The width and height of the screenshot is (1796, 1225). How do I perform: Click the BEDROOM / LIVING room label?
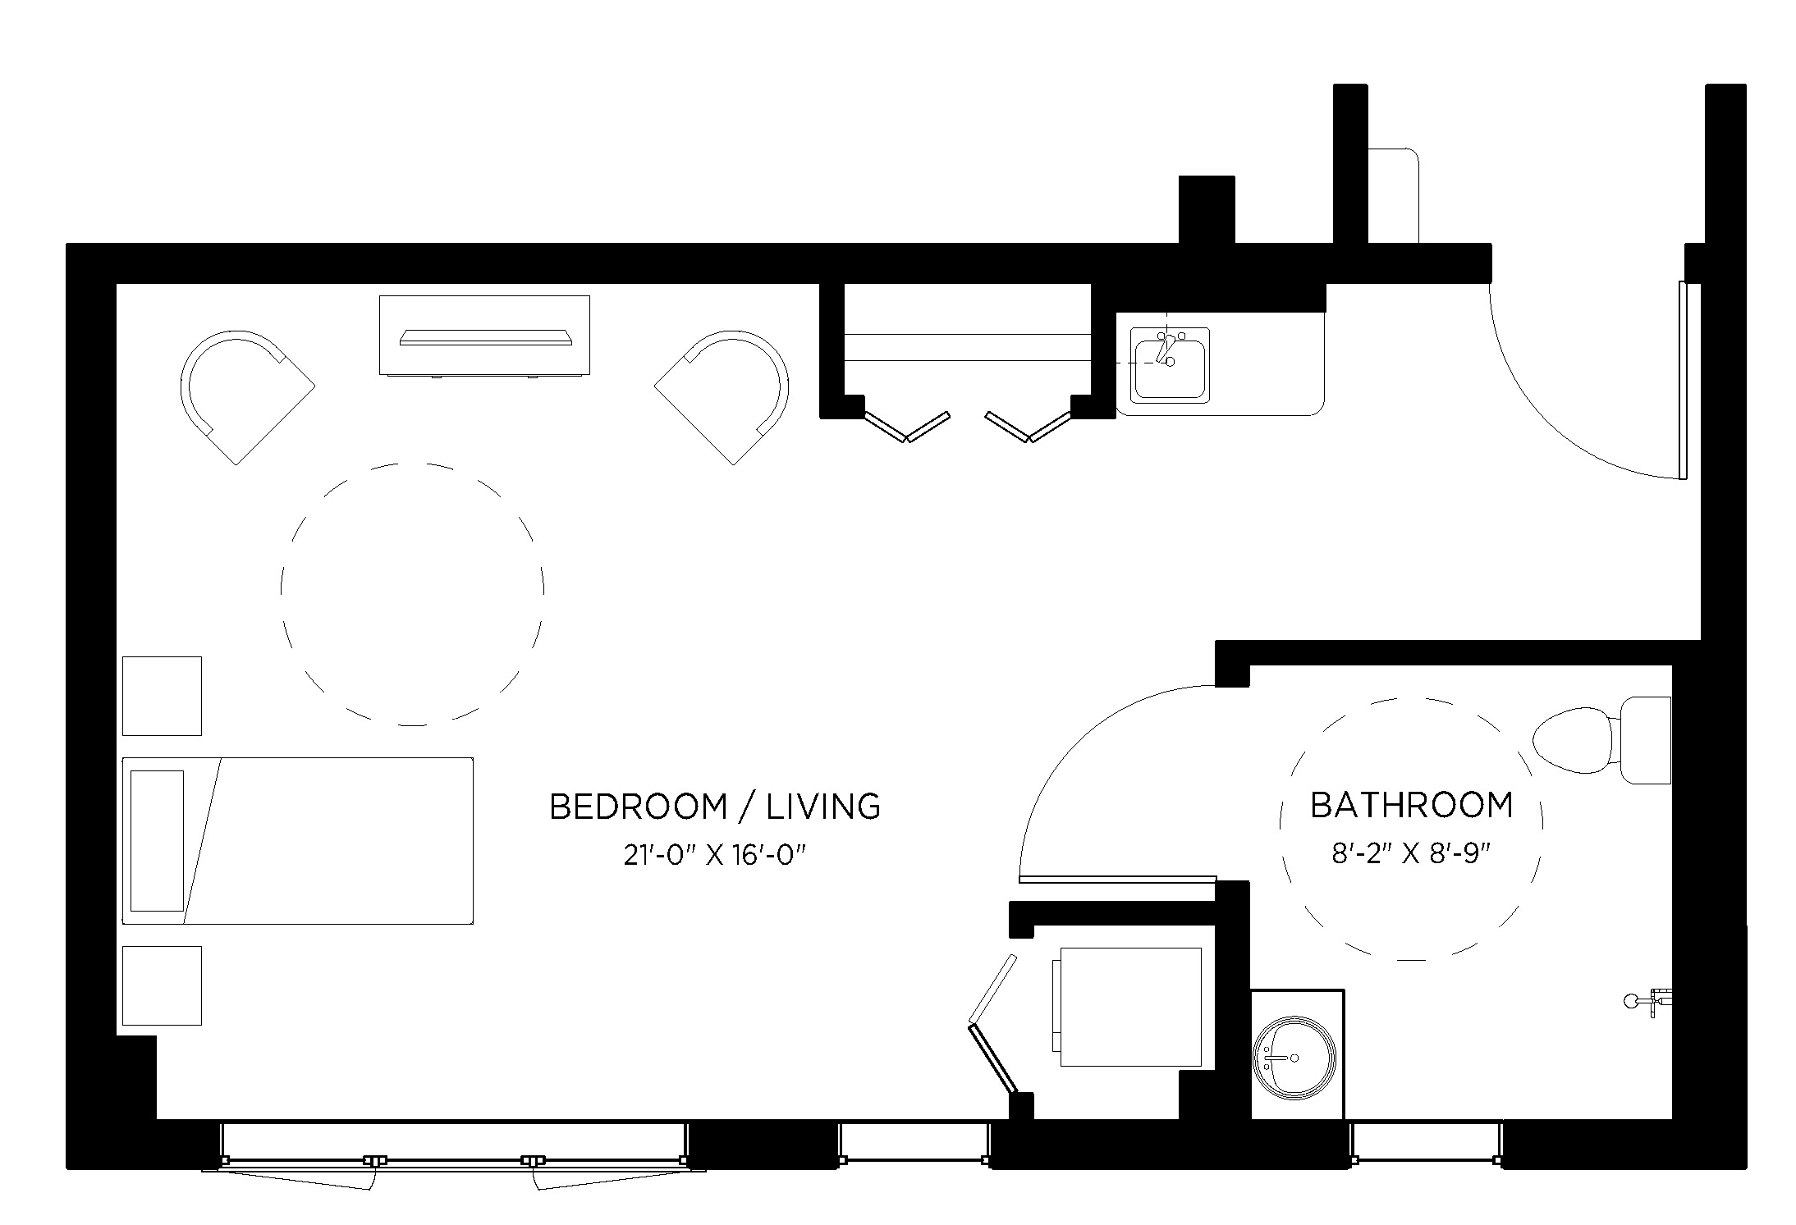(714, 807)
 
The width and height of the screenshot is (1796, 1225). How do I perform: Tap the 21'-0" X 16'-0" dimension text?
(714, 855)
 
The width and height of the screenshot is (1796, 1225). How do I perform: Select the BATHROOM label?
(1411, 805)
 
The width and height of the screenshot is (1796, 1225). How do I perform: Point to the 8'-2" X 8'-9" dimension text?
(1410, 854)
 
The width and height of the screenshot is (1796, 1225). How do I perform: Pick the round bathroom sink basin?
(1294, 1058)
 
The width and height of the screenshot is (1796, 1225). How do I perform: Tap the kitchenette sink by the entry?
(1169, 364)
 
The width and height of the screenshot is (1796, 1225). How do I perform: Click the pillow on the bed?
(157, 840)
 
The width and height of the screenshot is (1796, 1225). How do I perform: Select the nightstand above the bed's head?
(162, 696)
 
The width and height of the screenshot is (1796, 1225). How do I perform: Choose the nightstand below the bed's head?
(162, 985)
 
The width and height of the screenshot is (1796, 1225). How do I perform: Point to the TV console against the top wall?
(484, 335)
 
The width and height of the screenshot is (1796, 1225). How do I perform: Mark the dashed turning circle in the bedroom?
(412, 594)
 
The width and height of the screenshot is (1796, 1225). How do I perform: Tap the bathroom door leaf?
(1116, 879)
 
